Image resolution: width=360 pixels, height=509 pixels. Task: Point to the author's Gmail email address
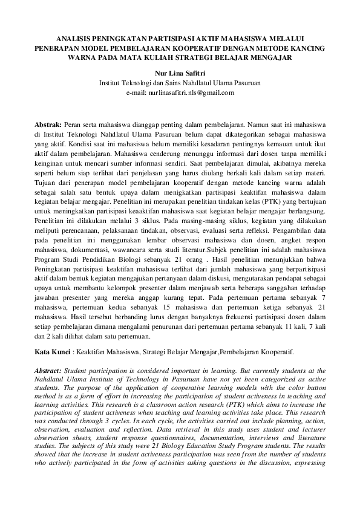[180, 92]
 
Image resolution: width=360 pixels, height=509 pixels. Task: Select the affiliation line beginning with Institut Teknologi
[180, 83]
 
